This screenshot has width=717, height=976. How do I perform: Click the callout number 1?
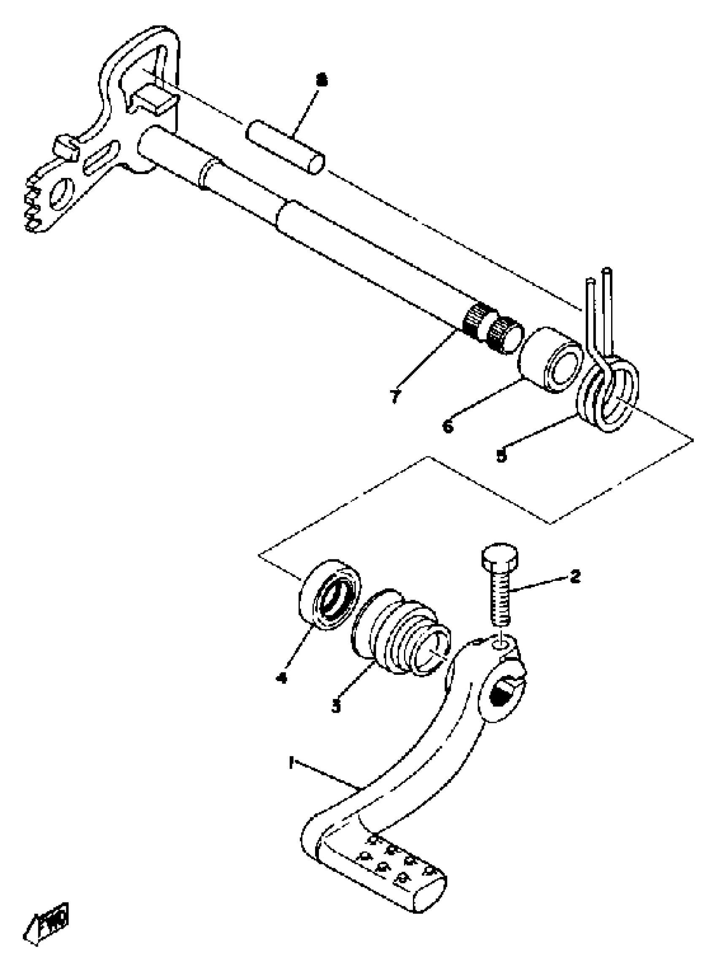click(292, 763)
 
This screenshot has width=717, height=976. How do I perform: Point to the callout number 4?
click(282, 677)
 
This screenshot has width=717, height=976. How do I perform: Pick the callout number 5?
click(501, 456)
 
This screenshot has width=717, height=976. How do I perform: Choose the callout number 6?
click(448, 426)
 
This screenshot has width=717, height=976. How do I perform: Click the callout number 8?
click(322, 80)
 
